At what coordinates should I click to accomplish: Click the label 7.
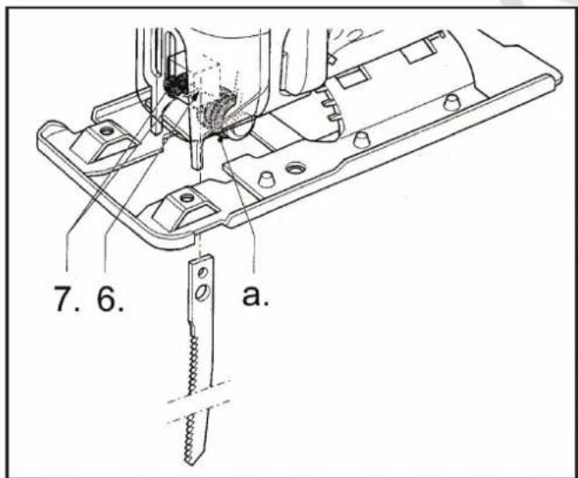[67, 298]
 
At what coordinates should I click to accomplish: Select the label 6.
[111, 298]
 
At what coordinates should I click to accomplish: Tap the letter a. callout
[256, 295]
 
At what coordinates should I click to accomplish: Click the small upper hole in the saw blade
[202, 273]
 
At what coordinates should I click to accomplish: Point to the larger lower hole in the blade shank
[203, 292]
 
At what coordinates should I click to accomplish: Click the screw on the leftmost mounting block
[107, 130]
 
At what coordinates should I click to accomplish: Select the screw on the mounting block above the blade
[187, 198]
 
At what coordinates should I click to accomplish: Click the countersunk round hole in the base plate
[295, 169]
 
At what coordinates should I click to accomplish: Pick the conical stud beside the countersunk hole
[267, 179]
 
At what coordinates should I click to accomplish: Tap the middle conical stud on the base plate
[361, 139]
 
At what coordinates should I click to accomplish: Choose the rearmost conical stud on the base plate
[451, 101]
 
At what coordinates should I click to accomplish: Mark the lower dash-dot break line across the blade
[199, 412]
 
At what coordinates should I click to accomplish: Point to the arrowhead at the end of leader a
[221, 137]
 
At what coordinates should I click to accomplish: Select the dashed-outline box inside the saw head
[207, 82]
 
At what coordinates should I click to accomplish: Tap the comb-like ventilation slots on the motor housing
[330, 107]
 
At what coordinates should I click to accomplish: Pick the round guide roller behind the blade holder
[239, 129]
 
